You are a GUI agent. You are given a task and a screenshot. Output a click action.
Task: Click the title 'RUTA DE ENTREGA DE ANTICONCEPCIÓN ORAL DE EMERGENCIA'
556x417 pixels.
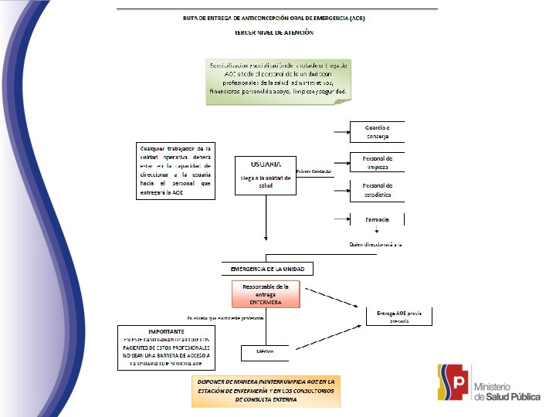click(274, 17)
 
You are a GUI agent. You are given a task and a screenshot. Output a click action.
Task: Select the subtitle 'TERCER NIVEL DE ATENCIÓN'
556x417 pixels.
click(274, 32)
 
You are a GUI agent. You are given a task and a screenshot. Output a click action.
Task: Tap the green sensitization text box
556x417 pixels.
click(279, 80)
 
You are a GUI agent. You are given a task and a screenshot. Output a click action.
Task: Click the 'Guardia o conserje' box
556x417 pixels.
click(377, 131)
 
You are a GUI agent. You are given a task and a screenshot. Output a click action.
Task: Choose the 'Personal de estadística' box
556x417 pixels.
click(377, 190)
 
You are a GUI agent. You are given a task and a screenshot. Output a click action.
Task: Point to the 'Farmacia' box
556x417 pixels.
click(377, 220)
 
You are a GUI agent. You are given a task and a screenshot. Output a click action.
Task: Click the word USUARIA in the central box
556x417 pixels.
click(266, 164)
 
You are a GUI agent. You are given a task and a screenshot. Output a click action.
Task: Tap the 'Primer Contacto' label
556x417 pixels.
click(314, 171)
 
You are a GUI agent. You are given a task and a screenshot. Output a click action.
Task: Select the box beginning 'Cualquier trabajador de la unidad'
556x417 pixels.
click(175, 171)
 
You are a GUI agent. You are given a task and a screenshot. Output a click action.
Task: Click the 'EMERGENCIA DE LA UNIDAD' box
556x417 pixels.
click(268, 269)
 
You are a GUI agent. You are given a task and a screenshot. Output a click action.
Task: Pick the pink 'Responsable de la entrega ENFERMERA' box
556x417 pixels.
click(266, 293)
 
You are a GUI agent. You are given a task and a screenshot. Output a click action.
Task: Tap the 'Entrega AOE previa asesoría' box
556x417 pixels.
click(398, 316)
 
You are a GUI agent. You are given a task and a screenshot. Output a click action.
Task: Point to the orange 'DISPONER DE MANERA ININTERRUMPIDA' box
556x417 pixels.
click(265, 391)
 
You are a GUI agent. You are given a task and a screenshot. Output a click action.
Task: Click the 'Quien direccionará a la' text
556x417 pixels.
click(375, 244)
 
